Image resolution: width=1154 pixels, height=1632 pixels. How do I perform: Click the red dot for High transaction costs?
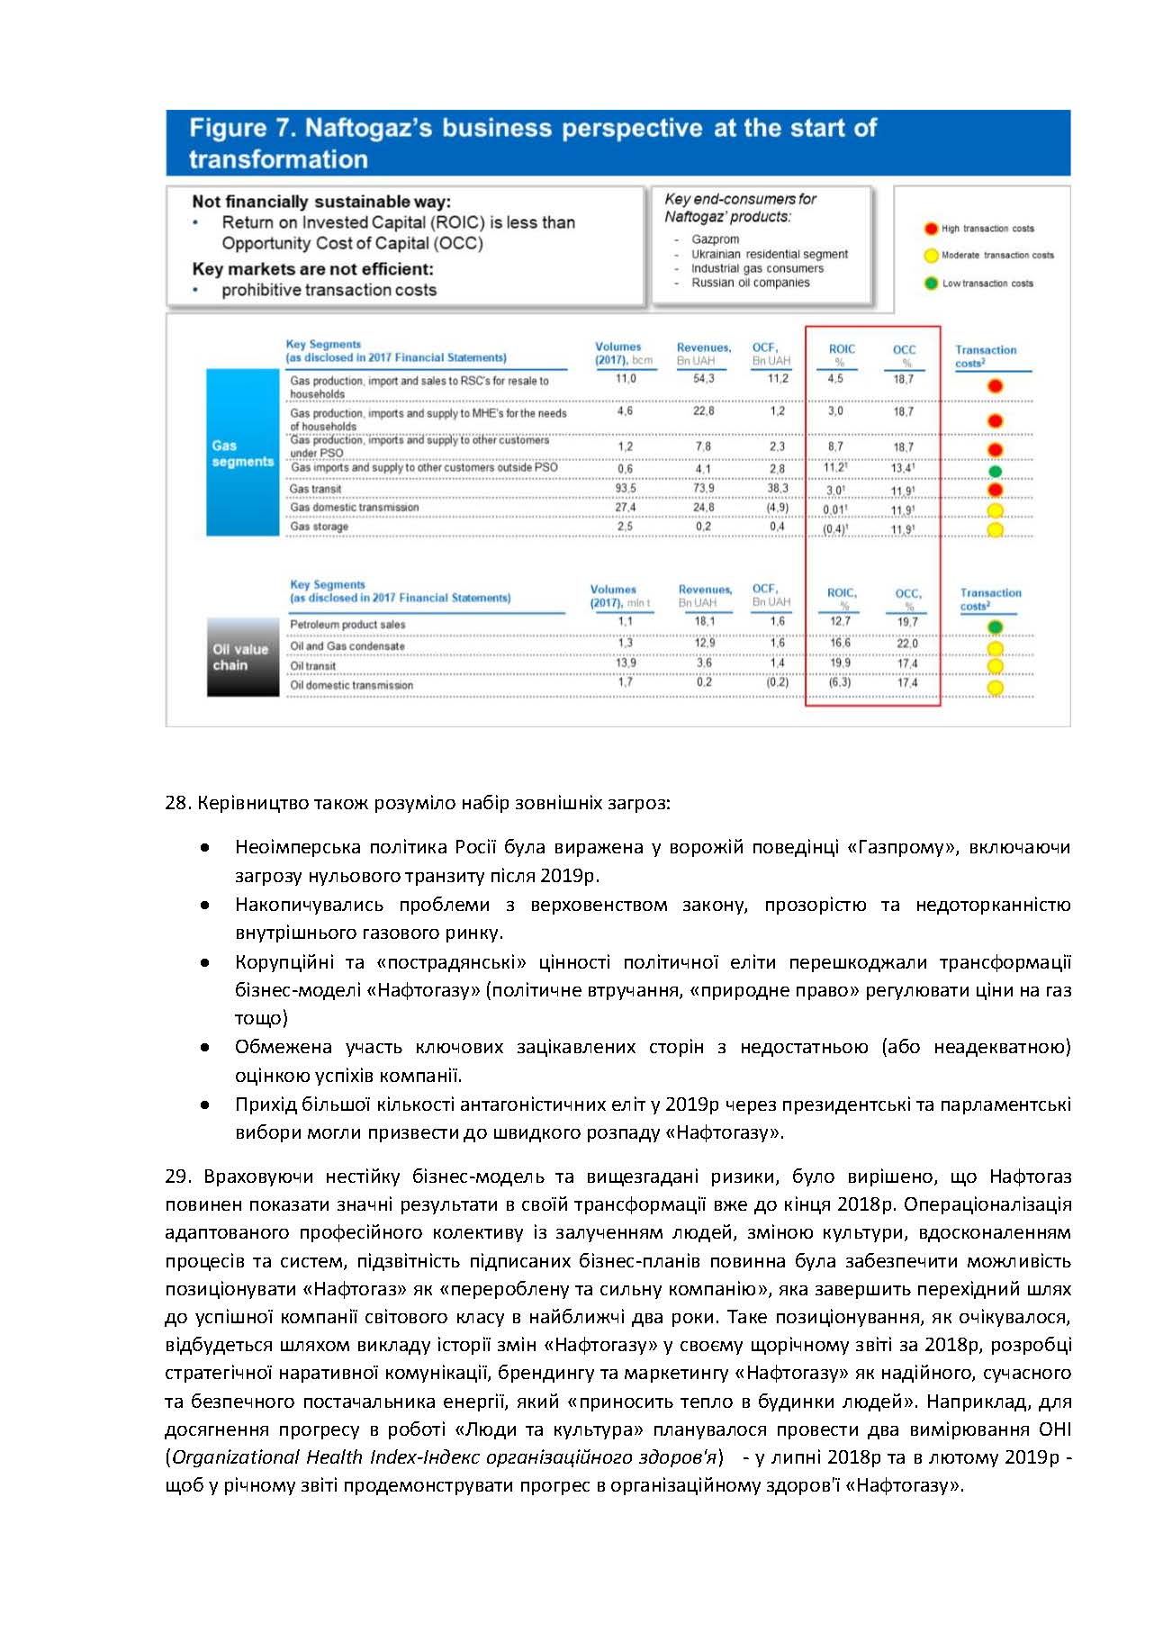click(x=931, y=229)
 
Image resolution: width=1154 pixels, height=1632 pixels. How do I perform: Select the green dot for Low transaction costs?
click(x=931, y=284)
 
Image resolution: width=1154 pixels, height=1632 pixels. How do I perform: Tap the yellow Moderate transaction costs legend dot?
click(x=931, y=256)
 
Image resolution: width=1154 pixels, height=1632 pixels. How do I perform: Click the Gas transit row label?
click(x=315, y=489)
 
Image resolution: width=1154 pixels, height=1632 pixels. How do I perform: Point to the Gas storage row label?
click(x=319, y=527)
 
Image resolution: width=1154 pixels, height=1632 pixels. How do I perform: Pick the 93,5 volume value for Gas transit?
click(x=625, y=488)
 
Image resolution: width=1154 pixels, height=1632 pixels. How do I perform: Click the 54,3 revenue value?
click(x=703, y=379)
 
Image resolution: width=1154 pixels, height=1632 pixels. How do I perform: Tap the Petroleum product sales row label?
click(x=347, y=625)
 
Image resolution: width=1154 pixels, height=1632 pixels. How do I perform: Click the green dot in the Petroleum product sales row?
click(x=995, y=627)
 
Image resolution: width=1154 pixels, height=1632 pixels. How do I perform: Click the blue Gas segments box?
click(x=243, y=453)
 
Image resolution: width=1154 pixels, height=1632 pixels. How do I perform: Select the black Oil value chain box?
click(x=243, y=657)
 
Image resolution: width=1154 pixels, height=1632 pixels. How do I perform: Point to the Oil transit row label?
click(x=312, y=666)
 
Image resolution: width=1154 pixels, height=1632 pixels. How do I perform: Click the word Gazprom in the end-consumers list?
click(x=715, y=239)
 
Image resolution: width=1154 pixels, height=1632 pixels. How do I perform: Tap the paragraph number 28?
click(x=176, y=802)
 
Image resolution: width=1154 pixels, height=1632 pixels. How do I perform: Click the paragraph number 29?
click(x=176, y=1177)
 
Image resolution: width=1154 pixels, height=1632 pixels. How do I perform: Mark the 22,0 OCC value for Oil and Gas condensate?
click(x=906, y=644)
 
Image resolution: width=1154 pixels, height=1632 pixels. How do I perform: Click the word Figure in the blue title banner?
click(x=227, y=129)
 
